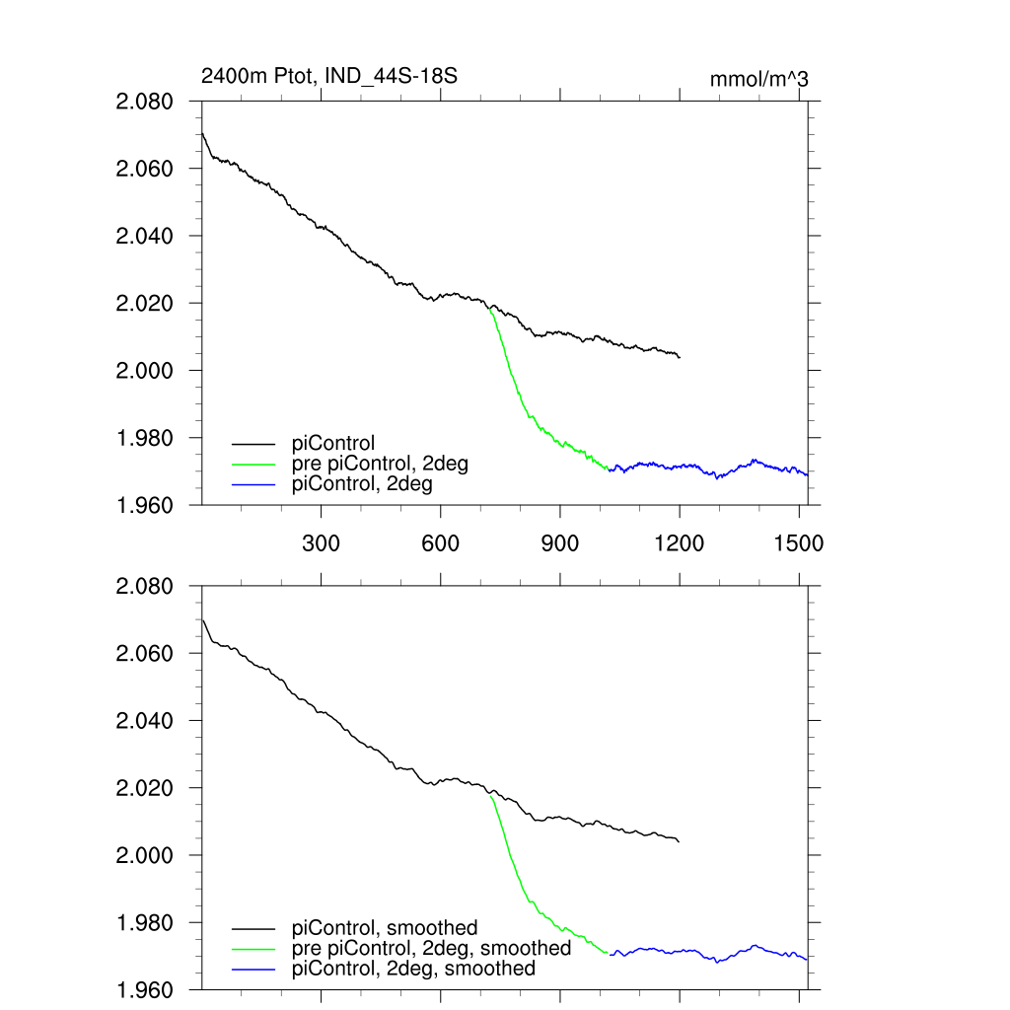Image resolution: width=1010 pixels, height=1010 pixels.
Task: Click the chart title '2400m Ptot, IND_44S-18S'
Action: (x=328, y=76)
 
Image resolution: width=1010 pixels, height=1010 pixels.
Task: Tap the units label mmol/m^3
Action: (x=758, y=79)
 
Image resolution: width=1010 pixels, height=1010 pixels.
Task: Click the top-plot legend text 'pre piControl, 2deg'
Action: (x=381, y=464)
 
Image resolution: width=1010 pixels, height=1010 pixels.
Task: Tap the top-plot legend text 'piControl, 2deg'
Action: (x=363, y=483)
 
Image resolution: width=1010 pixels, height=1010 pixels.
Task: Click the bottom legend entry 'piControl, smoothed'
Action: (x=385, y=928)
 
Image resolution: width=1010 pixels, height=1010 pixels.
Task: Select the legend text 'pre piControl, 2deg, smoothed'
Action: (x=432, y=948)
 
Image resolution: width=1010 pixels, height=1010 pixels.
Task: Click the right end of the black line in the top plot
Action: (x=680, y=357)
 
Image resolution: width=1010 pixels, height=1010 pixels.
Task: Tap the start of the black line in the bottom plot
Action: (x=202, y=618)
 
